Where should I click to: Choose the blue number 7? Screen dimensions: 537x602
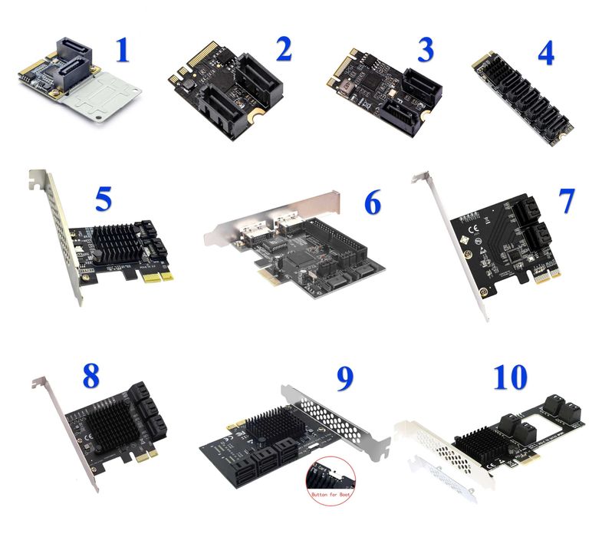tap(565, 201)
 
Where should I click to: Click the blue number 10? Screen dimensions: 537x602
tap(510, 376)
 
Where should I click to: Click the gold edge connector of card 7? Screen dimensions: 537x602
tap(549, 275)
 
